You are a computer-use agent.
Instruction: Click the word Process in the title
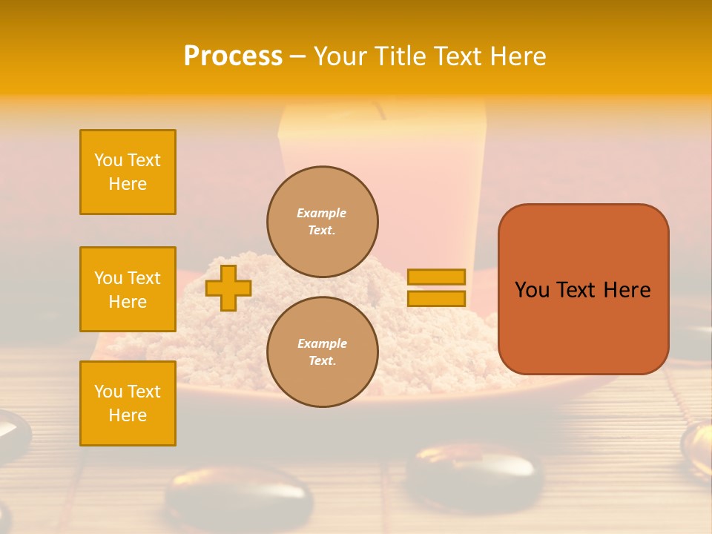pos(233,56)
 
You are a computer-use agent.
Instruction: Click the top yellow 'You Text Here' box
pos(128,172)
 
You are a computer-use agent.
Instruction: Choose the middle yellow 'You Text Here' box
pos(128,289)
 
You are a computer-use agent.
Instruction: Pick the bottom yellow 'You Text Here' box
pos(128,403)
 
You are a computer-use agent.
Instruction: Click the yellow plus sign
pos(228,288)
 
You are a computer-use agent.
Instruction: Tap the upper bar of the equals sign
pos(436,277)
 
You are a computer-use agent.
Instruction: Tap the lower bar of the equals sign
pos(436,298)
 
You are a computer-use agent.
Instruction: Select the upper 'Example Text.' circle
pos(323,222)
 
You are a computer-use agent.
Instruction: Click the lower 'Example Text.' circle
pos(323,352)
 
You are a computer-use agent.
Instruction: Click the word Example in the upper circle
pos(321,213)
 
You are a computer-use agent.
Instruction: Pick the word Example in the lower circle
pos(322,343)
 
